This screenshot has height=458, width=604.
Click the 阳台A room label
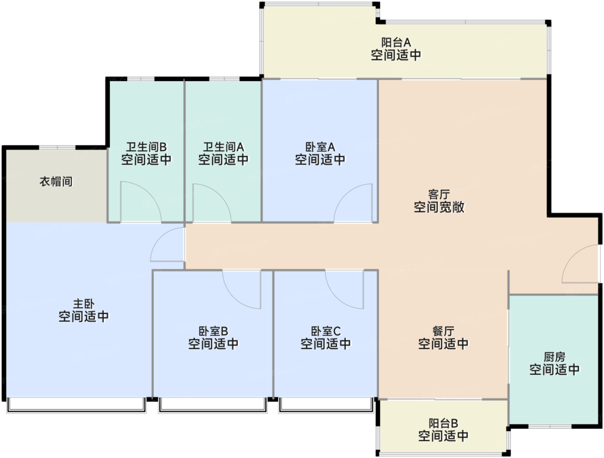coord(396,42)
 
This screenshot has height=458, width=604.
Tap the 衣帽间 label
coord(56,181)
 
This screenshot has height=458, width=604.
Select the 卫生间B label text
coord(146,147)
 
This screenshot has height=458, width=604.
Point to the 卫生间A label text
coord(223,147)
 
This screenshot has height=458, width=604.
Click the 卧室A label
coord(320,147)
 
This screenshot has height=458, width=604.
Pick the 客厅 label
coord(439,194)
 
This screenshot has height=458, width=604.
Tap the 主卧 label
coord(84,304)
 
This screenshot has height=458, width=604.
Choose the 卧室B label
coord(213,331)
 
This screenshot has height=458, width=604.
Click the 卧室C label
coord(326,331)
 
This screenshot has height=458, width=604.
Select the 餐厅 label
coord(444,331)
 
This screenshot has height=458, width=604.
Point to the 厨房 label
coord(554,357)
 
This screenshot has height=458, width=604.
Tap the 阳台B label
coord(444,423)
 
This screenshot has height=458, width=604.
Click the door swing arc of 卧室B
coord(234,298)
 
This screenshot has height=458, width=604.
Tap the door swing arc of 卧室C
coord(337,298)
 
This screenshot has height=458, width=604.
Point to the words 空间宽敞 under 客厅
coord(439,207)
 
